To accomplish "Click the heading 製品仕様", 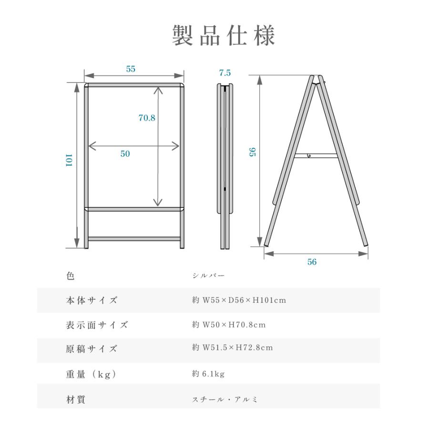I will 224,36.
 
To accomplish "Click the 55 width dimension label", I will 131,69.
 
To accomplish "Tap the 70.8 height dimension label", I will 147,118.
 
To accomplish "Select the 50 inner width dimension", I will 125,154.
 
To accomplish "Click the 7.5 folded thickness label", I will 225,73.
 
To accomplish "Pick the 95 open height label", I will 253,152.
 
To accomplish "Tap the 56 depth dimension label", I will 312,262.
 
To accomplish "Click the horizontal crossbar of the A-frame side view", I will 316,155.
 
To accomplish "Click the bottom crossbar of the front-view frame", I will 134,239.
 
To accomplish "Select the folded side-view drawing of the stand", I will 226,167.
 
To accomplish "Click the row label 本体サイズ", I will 92,300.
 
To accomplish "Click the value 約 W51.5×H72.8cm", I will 233,347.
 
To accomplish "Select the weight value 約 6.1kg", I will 208,374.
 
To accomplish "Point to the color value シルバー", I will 208,276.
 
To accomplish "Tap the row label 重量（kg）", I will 91,375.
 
